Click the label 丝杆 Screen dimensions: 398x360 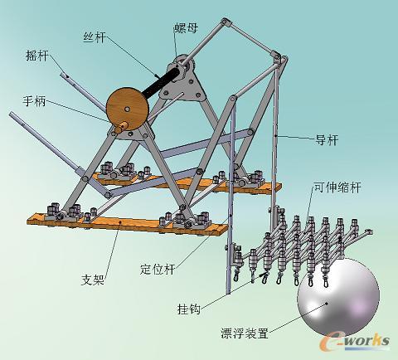coord(95,37)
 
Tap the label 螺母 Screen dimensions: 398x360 coord(187,27)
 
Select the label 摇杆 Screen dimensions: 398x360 coord(37,56)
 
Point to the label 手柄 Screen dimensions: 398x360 coord(34,101)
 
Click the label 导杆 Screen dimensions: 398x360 coord(327,140)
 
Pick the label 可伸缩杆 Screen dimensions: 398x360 coord(337,187)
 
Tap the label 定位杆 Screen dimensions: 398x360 coord(158,269)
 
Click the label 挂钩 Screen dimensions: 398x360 coord(189,309)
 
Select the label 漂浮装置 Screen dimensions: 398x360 coord(245,333)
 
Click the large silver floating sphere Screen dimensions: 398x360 coord(338,297)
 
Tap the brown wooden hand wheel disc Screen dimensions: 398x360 coord(128,109)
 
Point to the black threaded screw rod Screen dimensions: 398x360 coord(162,82)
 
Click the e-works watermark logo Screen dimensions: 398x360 coord(355,342)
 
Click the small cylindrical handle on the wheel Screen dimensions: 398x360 coord(121,128)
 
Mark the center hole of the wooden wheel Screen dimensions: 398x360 coord(127,109)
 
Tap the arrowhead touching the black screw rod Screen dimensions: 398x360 coord(157,75)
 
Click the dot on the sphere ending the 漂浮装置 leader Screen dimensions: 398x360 coord(327,303)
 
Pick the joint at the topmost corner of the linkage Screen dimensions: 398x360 coord(226,22)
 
